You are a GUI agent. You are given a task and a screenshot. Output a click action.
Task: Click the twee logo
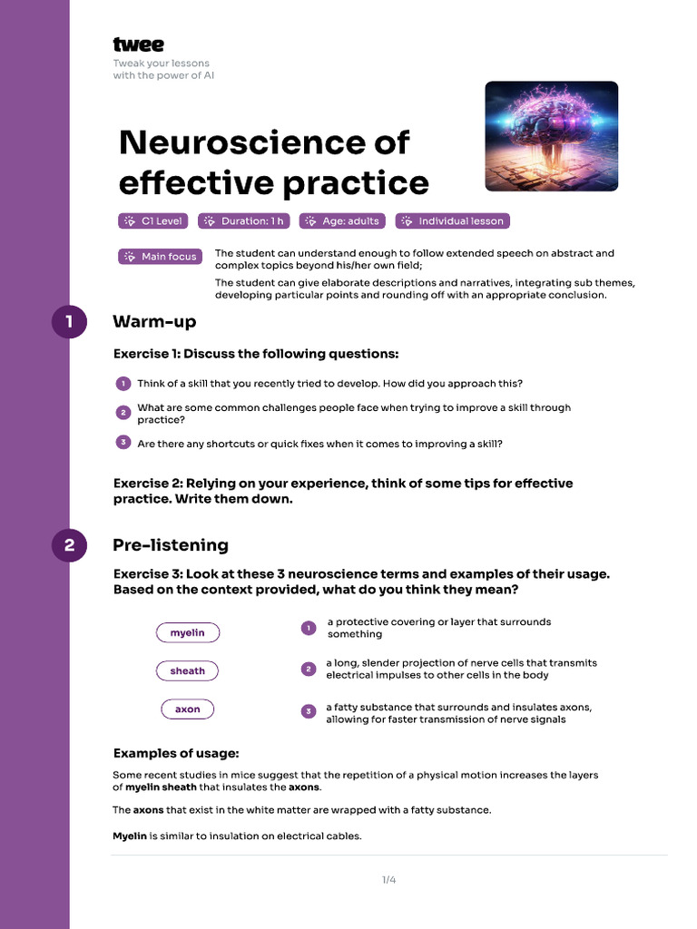[138, 44]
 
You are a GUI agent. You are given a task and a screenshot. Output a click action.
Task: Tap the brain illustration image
[551, 136]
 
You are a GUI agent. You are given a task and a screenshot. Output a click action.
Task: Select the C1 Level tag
[153, 220]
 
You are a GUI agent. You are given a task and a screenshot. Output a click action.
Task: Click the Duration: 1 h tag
[243, 220]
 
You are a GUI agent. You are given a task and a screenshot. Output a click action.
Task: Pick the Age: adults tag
[342, 220]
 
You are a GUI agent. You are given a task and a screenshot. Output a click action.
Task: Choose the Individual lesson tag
[451, 220]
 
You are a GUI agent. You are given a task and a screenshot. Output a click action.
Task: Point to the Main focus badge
[160, 257]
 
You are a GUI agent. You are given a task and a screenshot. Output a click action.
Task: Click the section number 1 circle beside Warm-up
[69, 322]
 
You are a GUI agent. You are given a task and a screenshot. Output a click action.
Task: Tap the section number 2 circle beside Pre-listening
[69, 545]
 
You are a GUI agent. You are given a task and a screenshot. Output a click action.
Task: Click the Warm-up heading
[154, 322]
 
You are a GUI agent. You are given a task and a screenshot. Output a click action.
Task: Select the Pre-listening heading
[171, 545]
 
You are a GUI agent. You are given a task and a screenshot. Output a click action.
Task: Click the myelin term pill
[188, 632]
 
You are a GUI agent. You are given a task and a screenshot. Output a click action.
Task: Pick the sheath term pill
[188, 670]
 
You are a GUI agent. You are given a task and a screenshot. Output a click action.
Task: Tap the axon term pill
[188, 709]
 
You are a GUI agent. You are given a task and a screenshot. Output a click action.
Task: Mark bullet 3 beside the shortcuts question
[123, 443]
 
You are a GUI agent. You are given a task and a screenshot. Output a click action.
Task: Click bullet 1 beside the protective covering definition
[309, 628]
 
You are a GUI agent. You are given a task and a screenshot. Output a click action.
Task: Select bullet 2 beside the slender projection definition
[309, 670]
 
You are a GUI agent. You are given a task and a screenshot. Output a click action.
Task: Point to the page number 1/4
[388, 879]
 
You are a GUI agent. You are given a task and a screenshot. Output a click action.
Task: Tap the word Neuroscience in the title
[264, 142]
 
